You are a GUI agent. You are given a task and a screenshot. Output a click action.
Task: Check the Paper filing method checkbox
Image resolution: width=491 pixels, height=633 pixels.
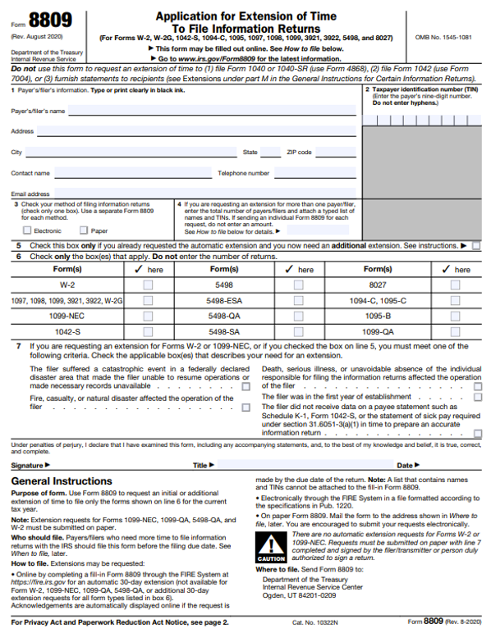click(82, 231)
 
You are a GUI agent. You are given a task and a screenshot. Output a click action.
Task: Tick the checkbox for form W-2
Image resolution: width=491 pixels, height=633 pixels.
click(148, 285)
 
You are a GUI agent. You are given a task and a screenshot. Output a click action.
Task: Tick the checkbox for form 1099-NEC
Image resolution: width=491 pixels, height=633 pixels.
click(148, 316)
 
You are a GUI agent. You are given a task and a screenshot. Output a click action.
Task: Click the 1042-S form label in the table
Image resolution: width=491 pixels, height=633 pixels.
click(67, 331)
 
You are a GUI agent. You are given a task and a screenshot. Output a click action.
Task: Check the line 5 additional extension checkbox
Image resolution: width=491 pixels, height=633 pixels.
click(476, 245)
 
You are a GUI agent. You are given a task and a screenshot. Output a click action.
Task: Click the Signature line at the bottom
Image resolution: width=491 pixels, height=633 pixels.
click(115, 465)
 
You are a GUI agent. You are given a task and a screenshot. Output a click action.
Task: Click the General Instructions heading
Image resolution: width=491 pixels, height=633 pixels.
click(62, 480)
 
